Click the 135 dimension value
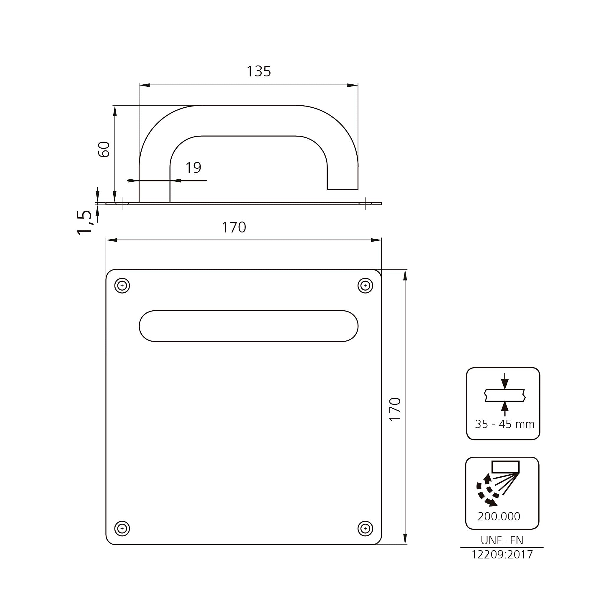[259, 71]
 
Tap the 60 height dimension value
[104, 149]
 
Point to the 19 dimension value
[193, 167]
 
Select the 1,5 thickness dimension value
[84, 222]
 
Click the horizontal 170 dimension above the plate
[234, 227]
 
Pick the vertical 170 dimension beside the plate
[395, 409]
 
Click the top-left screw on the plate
[122, 286]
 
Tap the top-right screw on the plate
[365, 286]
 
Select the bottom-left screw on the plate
[122, 529]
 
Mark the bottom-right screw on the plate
[365, 529]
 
